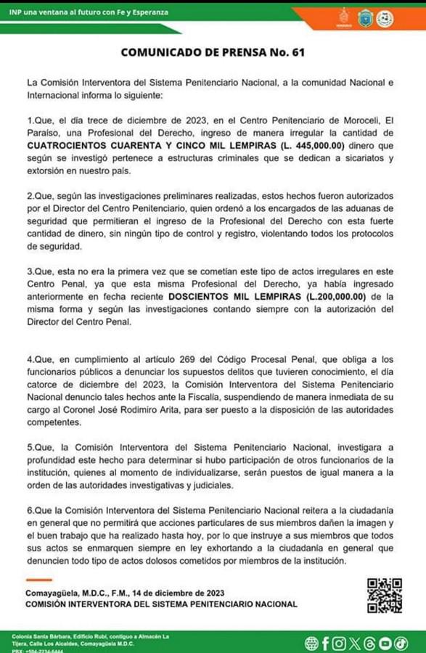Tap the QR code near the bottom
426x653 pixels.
coord(384,596)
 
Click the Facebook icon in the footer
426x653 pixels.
coord(325,643)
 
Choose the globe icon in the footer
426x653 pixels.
coord(311,643)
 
